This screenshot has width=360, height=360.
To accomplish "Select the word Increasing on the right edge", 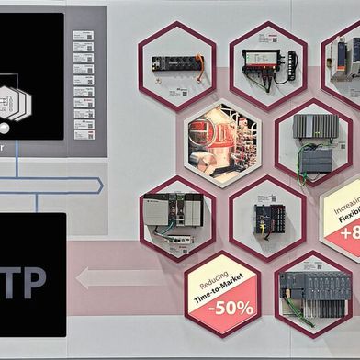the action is click(x=346, y=198).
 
